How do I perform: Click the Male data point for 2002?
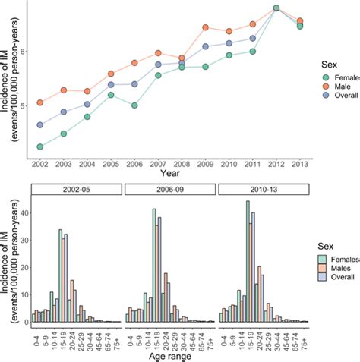(x=40, y=103)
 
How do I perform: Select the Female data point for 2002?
(x=40, y=146)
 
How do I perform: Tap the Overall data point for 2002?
(x=40, y=125)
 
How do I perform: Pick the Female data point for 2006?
(x=134, y=105)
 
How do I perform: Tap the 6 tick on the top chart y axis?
(x=24, y=52)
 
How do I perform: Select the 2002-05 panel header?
(x=74, y=188)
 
